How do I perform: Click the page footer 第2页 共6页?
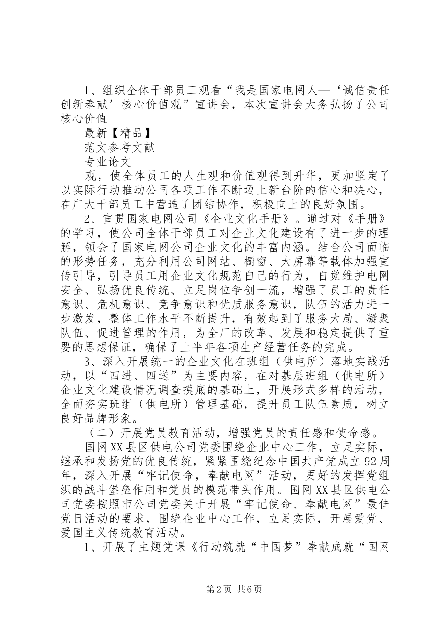pyautogui.click(x=223, y=589)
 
